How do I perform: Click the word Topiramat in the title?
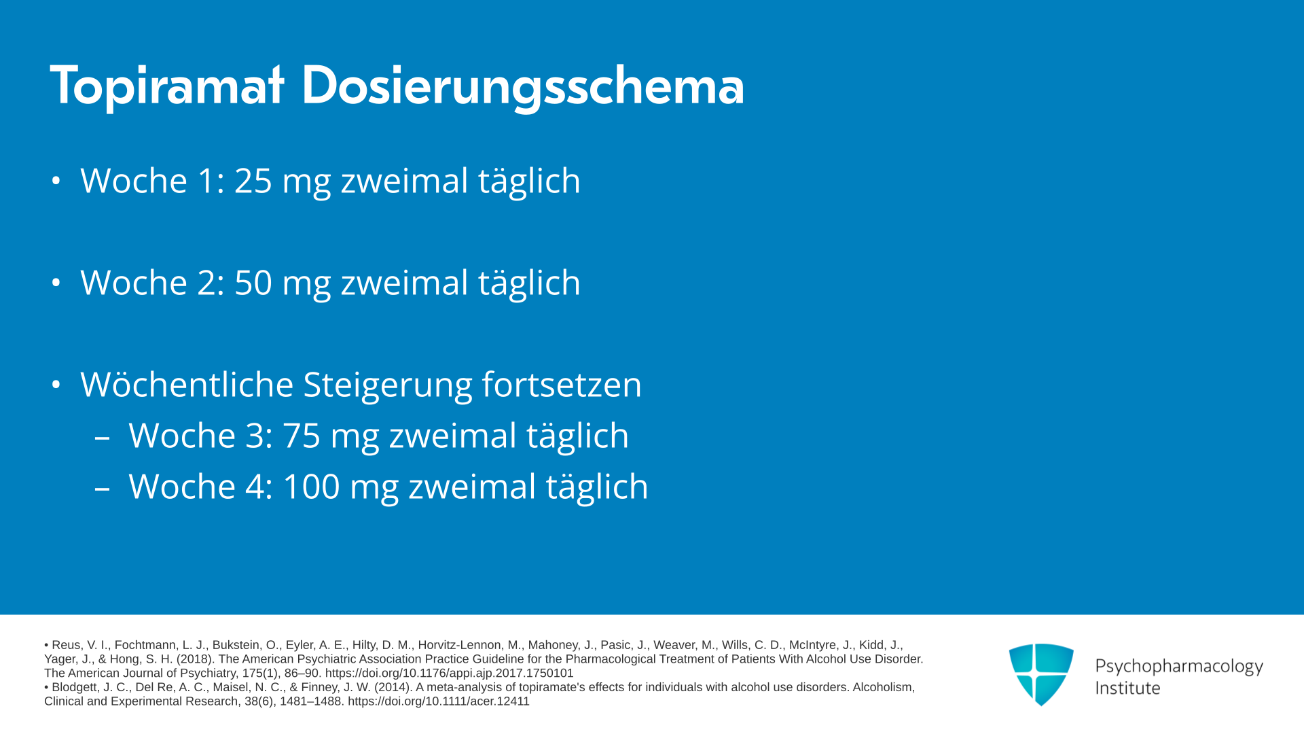[167, 86]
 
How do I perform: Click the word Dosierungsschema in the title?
[523, 87]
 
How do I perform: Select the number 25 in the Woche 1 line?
[253, 181]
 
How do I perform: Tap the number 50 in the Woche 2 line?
[253, 283]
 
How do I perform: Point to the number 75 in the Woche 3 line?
[302, 436]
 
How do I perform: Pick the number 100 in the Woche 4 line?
[311, 487]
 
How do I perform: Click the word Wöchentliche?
[187, 385]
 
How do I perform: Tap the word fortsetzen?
[562, 385]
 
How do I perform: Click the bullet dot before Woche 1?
[56, 181]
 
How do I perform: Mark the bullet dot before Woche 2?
[56, 283]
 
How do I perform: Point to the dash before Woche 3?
[103, 438]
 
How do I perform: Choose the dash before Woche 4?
[103, 489]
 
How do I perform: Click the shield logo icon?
[1041, 674]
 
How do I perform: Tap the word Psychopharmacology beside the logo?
[1179, 667]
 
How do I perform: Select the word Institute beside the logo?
[1127, 688]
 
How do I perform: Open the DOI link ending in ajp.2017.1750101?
[449, 674]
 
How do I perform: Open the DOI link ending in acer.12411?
[438, 701]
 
